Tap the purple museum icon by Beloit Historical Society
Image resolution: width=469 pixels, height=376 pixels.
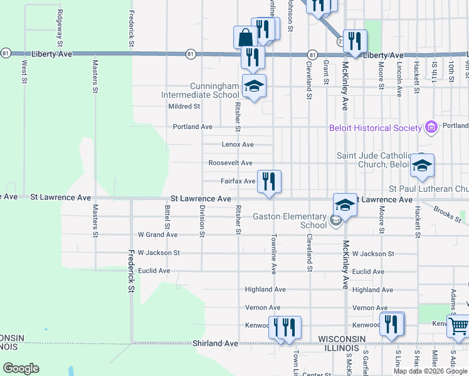pyautogui.click(x=431, y=128)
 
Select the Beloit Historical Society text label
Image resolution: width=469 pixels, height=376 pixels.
pyautogui.click(x=376, y=128)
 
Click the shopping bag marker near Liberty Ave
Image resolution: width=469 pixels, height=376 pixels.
pyautogui.click(x=245, y=38)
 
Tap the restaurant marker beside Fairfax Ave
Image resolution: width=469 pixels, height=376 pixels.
pyautogui.click(x=269, y=182)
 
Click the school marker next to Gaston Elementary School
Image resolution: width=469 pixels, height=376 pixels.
pyautogui.click(x=344, y=205)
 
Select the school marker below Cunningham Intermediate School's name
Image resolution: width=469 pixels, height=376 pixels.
pyautogui.click(x=255, y=86)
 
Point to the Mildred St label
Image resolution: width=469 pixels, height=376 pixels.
pyautogui.click(x=184, y=107)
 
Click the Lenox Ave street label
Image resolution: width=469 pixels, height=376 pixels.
pyautogui.click(x=238, y=145)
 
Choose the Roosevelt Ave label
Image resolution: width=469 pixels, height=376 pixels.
pyautogui.click(x=231, y=163)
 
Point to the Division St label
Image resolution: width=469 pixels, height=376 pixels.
pyautogui.click(x=202, y=221)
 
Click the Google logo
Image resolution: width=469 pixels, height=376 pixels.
pyautogui.click(x=21, y=368)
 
